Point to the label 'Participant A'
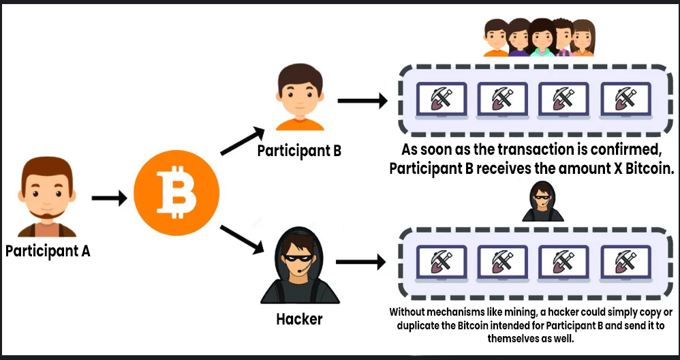coord(48,251)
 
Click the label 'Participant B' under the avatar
coord(299,150)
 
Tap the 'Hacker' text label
coord(299,318)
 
